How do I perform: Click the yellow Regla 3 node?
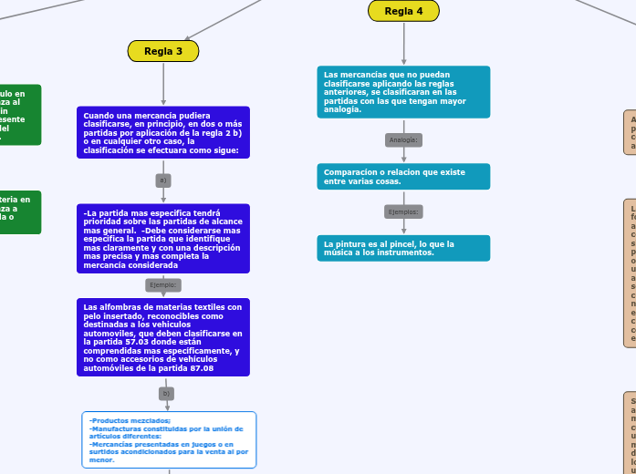pyautogui.click(x=163, y=51)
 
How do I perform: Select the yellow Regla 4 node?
pyautogui.click(x=403, y=11)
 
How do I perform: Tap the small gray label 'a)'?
pyautogui.click(x=163, y=180)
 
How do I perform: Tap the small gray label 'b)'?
pyautogui.click(x=165, y=394)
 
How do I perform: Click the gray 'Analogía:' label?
pyautogui.click(x=403, y=139)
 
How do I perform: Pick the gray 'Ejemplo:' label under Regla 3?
pyautogui.click(x=163, y=285)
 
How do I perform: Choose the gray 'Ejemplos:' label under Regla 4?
pyautogui.click(x=403, y=211)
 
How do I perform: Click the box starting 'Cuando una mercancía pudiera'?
pyautogui.click(x=163, y=132)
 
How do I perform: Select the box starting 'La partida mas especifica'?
pyautogui.click(x=163, y=238)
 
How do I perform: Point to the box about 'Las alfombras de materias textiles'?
pyautogui.click(x=163, y=337)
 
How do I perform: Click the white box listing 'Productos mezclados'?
pyautogui.click(x=169, y=439)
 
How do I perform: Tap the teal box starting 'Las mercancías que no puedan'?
pyautogui.click(x=403, y=92)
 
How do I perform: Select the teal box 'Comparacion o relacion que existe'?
pyautogui.click(x=403, y=177)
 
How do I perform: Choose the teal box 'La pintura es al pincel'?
pyautogui.click(x=403, y=248)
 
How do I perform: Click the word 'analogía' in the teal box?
pyautogui.click(x=343, y=109)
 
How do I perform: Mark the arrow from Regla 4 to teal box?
pyautogui.click(x=403, y=44)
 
